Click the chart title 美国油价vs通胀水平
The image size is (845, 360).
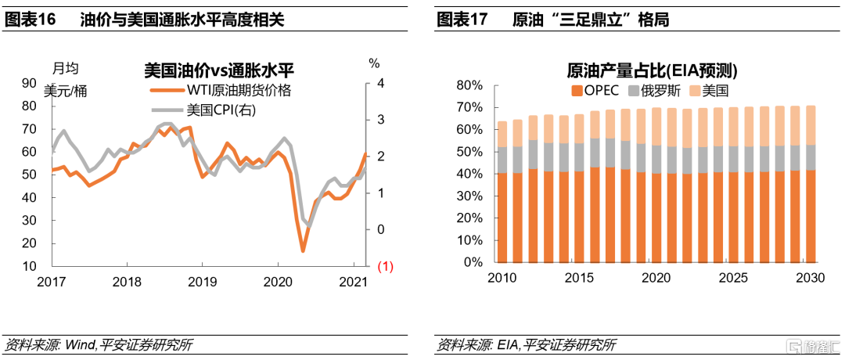pos(219,70)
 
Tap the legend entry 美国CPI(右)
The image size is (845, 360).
pos(221,110)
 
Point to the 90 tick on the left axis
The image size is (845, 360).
pos(29,83)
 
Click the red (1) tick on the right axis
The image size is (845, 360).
pos(385,266)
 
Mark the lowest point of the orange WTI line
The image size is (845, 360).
pos(303,251)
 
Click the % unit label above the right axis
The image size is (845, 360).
pos(374,64)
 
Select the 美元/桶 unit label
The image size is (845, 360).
pos(66,91)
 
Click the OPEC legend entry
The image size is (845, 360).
pos(597,91)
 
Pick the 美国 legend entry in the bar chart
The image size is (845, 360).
pos(710,91)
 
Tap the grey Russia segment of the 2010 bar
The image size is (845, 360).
pos(502,160)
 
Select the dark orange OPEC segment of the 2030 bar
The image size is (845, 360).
pos(811,216)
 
